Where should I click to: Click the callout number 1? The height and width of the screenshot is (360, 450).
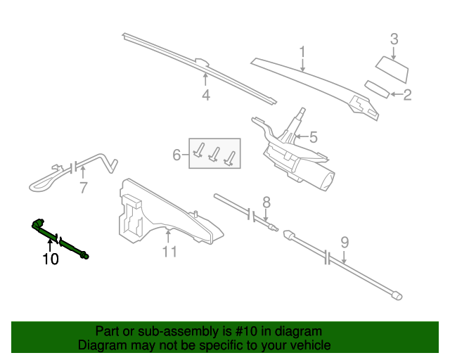tap(302, 52)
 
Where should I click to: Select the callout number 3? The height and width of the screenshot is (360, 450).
tap(394, 39)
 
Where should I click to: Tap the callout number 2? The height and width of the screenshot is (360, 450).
tap(407, 94)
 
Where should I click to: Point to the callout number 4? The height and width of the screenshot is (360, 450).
tap(205, 96)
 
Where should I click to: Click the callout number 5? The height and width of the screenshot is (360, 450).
tap(314, 136)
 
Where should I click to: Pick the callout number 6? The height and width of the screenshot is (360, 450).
tap(177, 153)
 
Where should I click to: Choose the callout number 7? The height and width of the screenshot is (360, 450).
tap(83, 187)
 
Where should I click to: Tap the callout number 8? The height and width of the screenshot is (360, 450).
tap(266, 202)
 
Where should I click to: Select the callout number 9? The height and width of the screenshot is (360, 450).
tap(345, 243)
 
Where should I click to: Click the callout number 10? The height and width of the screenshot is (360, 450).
tap(50, 259)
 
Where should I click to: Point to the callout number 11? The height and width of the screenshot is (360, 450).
tap(169, 251)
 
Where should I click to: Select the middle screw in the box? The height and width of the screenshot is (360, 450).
tap(214, 155)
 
